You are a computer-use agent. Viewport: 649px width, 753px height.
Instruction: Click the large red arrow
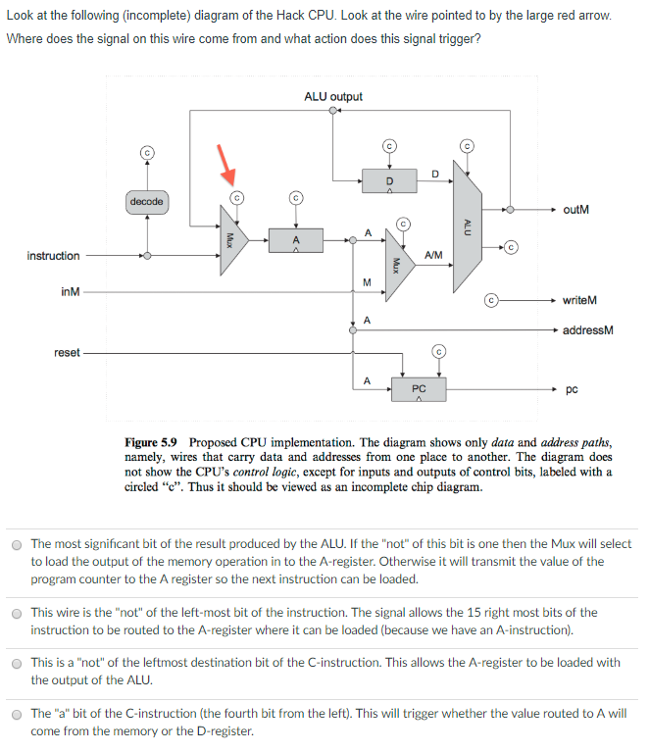click(x=226, y=164)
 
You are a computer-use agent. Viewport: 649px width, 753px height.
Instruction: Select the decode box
click(x=147, y=201)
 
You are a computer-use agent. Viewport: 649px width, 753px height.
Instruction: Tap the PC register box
click(x=419, y=390)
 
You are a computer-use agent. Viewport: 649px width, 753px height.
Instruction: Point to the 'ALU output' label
click(x=333, y=96)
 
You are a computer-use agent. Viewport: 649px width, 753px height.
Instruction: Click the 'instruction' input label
click(x=54, y=256)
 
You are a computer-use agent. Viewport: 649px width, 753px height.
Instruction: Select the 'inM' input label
click(x=71, y=292)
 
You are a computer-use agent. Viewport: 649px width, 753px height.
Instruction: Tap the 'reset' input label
click(x=68, y=352)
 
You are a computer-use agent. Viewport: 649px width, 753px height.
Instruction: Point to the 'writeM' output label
click(x=580, y=299)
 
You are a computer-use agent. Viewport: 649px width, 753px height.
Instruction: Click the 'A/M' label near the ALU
click(x=432, y=255)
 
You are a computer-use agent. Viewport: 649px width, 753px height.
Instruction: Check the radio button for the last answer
click(x=17, y=714)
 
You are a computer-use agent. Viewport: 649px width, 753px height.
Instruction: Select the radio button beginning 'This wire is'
click(x=17, y=614)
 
